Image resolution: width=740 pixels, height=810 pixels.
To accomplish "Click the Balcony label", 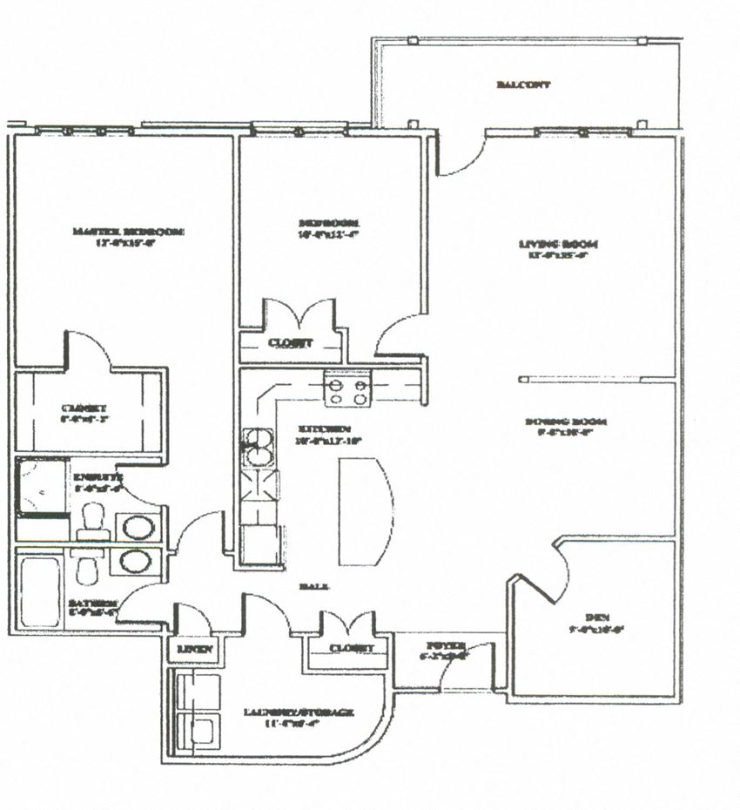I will tap(523, 84).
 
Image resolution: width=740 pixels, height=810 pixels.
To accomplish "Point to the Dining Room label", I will tap(565, 422).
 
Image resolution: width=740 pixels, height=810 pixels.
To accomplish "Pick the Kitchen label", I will tap(324, 429).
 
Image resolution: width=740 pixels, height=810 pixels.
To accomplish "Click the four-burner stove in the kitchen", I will tap(347, 388).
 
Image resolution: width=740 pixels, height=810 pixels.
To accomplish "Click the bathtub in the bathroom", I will tap(40, 592).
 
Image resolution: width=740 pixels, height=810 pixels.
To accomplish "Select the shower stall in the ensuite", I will tap(41, 487).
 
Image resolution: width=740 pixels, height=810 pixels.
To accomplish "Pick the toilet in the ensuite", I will tap(90, 521).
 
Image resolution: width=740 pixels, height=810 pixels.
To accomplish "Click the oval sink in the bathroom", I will tap(135, 561).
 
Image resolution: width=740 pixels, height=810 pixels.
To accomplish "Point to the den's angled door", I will tap(546, 575).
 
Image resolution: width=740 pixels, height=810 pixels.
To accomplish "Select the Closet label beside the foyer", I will tap(352, 648).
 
